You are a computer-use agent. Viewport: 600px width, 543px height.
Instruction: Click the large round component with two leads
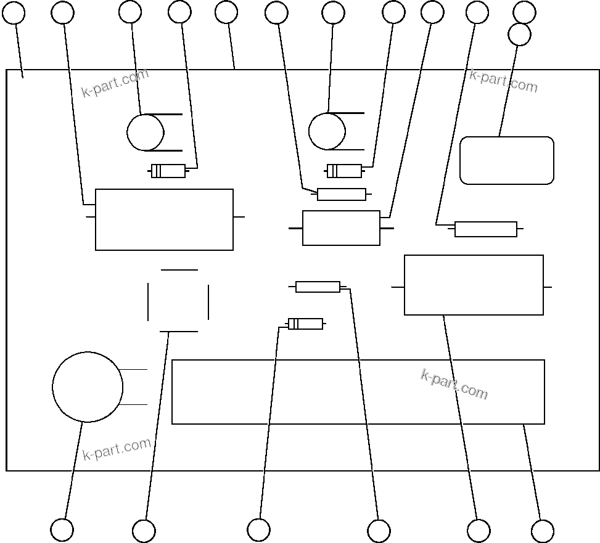tap(88, 387)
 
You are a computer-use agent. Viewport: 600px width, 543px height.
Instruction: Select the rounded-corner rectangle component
tap(507, 160)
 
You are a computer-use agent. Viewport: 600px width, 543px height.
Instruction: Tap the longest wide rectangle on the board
tap(358, 392)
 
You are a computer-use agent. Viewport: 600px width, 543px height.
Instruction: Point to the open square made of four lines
tap(178, 301)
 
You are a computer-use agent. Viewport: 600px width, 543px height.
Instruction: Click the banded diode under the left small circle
tap(168, 171)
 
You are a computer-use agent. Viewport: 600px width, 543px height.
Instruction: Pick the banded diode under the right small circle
tap(344, 171)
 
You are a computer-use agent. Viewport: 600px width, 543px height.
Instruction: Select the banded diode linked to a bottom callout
tap(305, 324)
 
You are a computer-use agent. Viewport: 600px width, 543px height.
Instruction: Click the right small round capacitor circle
tap(327, 131)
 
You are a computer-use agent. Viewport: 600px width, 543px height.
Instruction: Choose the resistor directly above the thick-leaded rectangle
tap(341, 195)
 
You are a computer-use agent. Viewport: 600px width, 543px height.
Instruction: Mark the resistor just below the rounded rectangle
tap(486, 229)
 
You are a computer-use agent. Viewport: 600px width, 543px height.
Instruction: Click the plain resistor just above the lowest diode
tap(318, 287)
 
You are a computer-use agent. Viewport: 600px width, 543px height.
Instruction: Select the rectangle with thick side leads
tap(341, 228)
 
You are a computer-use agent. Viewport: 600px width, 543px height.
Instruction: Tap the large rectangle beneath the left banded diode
tap(164, 219)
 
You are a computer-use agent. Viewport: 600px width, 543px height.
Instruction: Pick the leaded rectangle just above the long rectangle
tap(474, 285)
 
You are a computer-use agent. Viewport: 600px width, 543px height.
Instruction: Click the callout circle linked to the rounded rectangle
tap(520, 35)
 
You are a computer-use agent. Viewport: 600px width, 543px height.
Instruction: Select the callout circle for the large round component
tap(62, 530)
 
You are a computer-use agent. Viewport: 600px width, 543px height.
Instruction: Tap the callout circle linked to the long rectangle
tap(543, 531)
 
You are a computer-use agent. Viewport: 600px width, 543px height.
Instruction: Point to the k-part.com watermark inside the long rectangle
tap(454, 384)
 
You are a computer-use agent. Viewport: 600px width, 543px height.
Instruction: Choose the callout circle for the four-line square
tap(144, 531)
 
